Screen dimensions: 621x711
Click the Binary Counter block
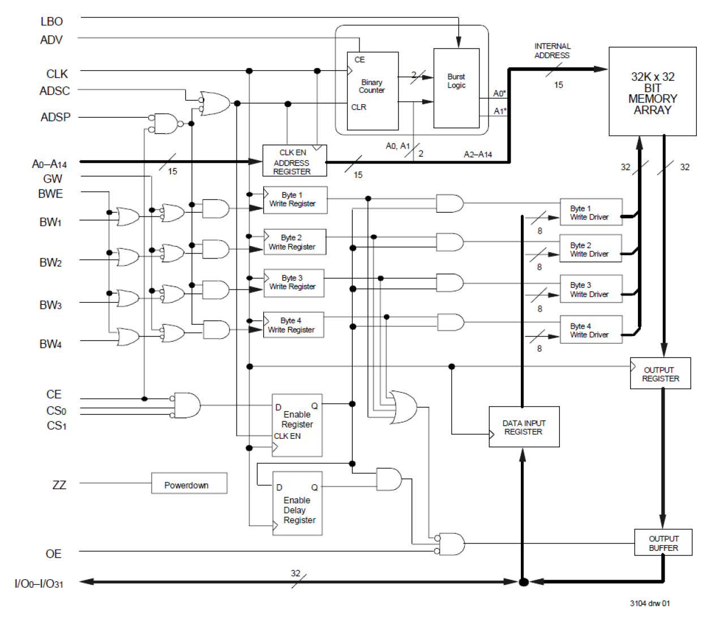372,90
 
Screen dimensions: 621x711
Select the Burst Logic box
456,88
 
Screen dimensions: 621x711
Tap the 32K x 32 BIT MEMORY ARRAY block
652,92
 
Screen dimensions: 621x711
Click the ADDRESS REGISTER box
294,161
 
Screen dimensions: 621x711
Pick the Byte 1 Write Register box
295,200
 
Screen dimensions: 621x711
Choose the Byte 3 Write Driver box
591,290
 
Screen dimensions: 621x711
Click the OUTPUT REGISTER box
660,373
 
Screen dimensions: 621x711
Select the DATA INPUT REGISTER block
524,427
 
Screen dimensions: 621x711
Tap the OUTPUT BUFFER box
663,543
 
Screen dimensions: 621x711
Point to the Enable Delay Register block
297,504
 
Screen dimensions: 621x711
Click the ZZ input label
59,485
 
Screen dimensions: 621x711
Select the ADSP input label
55,117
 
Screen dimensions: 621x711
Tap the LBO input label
52,21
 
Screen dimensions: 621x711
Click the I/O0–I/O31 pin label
39,583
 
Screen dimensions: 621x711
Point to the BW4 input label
50,344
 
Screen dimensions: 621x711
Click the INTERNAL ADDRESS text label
552,51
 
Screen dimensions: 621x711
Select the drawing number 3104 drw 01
649,603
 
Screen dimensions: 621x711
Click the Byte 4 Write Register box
293,325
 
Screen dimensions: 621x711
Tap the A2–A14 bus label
478,154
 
